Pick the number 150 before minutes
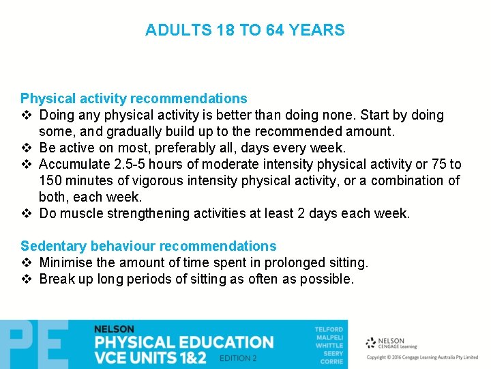pos(51,181)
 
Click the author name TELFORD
pos(329,329)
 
